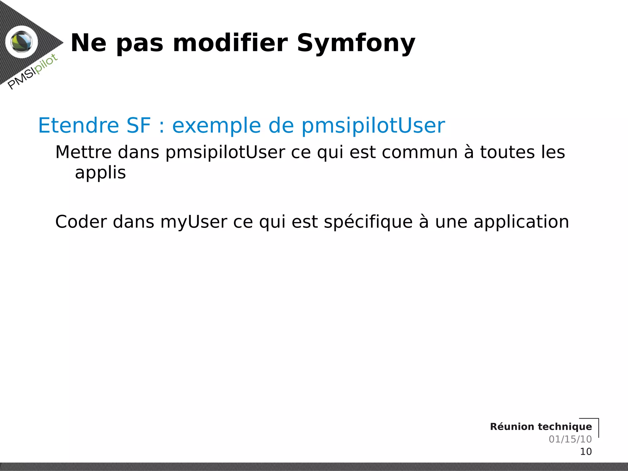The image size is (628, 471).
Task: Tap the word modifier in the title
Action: coord(230,43)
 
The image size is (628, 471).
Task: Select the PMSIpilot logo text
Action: coord(33,72)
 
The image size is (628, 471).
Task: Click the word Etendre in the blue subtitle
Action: coord(78,125)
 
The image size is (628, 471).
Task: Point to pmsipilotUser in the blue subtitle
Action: coord(373,126)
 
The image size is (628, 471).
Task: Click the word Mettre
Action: coord(83,152)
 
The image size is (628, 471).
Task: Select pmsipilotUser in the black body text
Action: coord(225,153)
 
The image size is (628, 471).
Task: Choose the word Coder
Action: coord(81,222)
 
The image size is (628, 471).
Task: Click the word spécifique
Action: coord(368,222)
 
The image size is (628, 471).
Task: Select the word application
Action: coord(521,222)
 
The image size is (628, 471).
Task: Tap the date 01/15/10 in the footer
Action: coord(570,439)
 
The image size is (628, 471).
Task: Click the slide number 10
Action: coord(586,451)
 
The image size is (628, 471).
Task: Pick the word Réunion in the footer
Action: coord(512,427)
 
